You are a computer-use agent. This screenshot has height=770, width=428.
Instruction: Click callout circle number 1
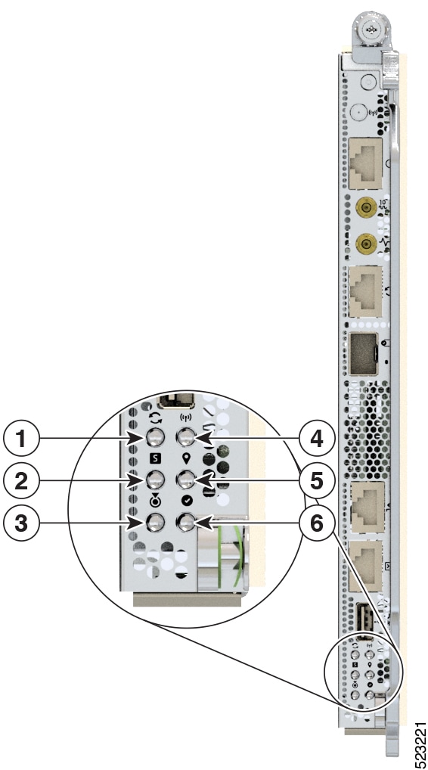pyautogui.click(x=21, y=439)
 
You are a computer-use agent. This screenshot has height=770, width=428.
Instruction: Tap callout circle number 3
pyautogui.click(x=21, y=523)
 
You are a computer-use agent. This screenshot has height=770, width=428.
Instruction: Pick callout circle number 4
pyautogui.click(x=317, y=439)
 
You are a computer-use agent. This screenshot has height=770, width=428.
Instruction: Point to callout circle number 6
pyautogui.click(x=317, y=523)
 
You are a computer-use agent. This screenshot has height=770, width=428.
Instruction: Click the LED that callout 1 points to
pyautogui.click(x=155, y=436)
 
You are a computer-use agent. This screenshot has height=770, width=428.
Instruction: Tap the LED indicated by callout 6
pyautogui.click(x=185, y=523)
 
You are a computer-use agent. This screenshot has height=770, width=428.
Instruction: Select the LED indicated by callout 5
pyautogui.click(x=185, y=480)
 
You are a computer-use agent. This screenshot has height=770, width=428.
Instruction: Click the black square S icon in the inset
pyautogui.click(x=155, y=459)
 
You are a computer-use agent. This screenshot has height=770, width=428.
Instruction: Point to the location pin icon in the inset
pyautogui.click(x=186, y=458)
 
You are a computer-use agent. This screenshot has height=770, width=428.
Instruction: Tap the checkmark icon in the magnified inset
pyautogui.click(x=186, y=501)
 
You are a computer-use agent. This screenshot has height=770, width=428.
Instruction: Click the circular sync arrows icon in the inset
pyautogui.click(x=155, y=418)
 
